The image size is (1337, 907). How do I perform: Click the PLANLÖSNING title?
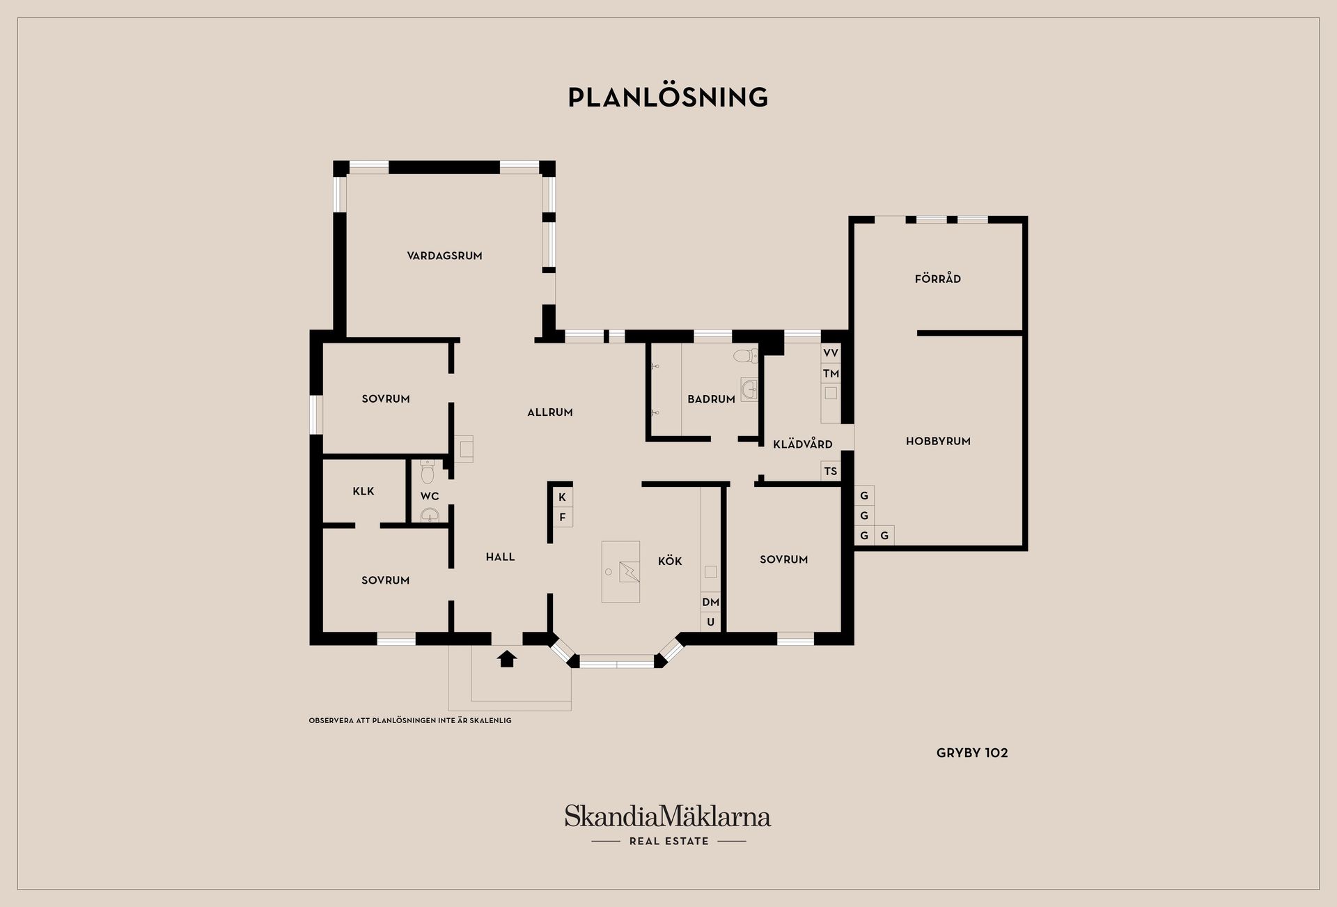[668, 97]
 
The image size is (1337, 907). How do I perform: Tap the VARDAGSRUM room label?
[444, 256]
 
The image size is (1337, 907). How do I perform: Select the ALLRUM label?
[550, 412]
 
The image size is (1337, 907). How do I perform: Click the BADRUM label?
[711, 399]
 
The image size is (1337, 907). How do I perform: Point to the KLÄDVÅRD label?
[803, 444]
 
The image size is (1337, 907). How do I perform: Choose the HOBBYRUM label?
[938, 441]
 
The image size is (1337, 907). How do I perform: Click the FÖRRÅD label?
[938, 279]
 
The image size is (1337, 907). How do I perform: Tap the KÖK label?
[670, 561]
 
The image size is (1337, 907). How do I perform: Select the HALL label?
[500, 557]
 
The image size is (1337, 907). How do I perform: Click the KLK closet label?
[363, 491]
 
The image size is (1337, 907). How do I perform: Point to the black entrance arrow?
[507, 658]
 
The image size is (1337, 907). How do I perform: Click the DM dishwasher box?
[710, 602]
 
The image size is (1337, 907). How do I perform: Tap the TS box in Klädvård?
[831, 471]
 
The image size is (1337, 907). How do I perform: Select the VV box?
[831, 353]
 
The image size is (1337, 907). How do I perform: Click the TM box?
[831, 373]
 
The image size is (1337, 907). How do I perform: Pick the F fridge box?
[563, 518]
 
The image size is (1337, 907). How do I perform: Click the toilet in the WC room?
[428, 472]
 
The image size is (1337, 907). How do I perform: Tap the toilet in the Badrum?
[745, 357]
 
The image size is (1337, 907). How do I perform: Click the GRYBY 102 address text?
[972, 753]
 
